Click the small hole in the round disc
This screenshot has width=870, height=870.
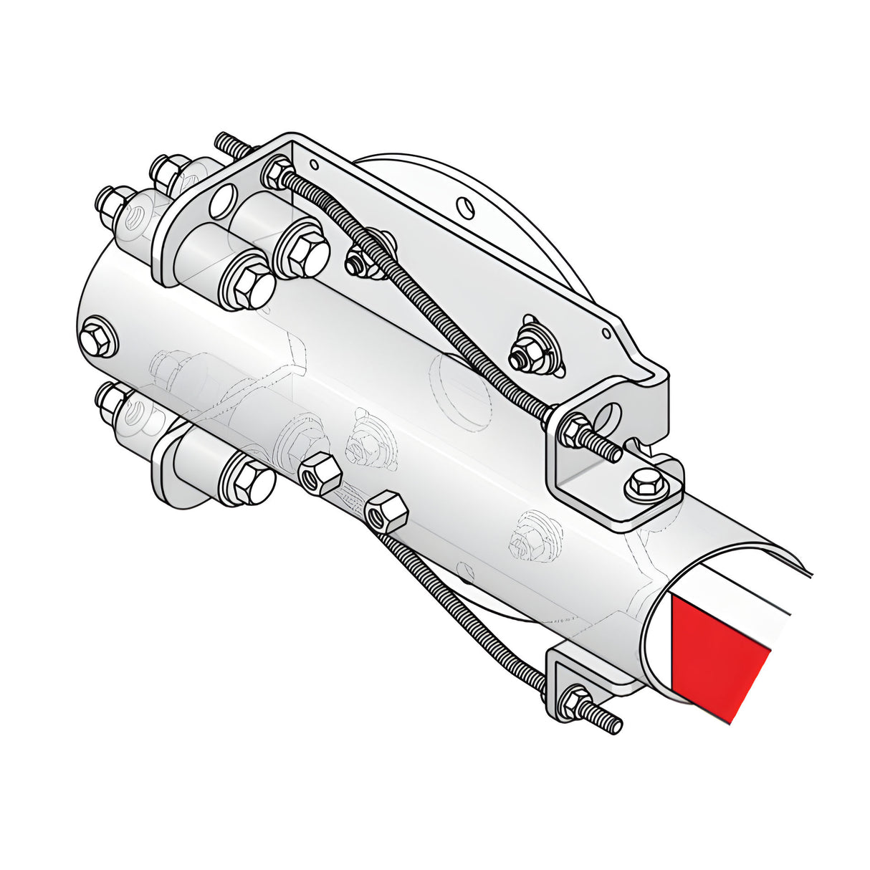click(x=464, y=208)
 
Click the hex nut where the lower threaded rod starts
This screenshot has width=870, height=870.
click(x=386, y=511)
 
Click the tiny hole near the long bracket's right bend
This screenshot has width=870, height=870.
click(x=606, y=333)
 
